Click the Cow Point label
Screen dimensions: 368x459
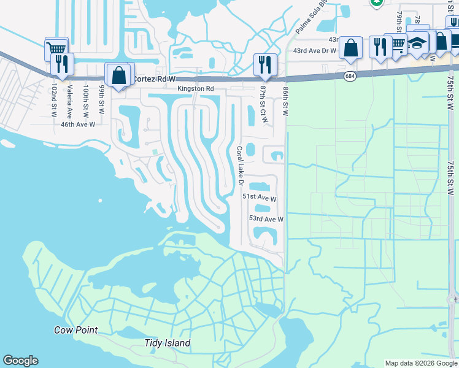75,330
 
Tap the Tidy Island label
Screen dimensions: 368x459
168,343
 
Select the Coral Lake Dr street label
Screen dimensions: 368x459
241,164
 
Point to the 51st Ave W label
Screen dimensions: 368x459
259,198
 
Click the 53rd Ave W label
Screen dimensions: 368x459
266,218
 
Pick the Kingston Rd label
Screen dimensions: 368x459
196,89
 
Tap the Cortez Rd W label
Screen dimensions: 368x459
154,79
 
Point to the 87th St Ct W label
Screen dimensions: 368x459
263,104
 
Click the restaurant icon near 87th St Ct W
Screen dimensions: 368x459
265,64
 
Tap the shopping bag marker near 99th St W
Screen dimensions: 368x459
119,76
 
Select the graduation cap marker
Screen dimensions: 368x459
417,44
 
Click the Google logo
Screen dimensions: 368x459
21,361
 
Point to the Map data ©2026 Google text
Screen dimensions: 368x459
421,363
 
